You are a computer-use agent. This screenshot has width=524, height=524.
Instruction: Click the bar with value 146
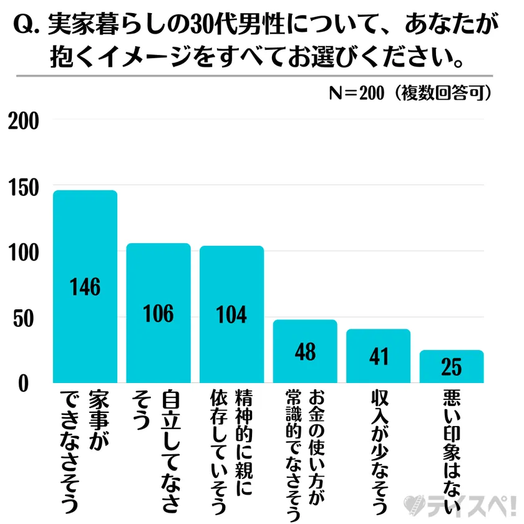coord(85,286)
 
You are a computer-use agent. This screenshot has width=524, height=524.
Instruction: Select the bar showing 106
coord(158,313)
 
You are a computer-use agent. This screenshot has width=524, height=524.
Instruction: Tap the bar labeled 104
coord(231,314)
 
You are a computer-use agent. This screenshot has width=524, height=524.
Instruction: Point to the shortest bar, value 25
coord(451,366)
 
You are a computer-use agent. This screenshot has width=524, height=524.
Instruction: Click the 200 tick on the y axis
coord(24,120)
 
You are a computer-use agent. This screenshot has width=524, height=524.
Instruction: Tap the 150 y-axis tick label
coord(24,187)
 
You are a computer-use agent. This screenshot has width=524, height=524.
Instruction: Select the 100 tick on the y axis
coord(24,253)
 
